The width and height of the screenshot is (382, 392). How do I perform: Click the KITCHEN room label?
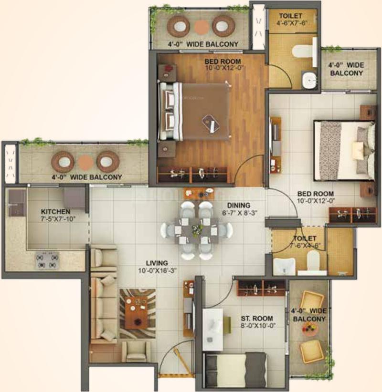[55, 212]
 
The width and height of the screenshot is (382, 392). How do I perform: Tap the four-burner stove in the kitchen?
[47, 260]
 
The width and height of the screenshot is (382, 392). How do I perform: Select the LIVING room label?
[157, 263]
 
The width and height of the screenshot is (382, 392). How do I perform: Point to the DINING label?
[239, 205]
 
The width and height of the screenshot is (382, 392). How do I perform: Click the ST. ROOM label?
[257, 319]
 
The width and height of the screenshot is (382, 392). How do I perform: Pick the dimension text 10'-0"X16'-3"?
[157, 271]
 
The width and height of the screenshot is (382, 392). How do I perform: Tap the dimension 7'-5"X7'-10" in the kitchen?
[58, 219]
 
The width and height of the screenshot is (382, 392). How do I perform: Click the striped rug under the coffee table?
[138, 314]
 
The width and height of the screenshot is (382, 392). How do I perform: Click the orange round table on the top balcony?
[201, 26]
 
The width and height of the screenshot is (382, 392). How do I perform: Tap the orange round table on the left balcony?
[85, 162]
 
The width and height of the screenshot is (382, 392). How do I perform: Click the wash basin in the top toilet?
[309, 80]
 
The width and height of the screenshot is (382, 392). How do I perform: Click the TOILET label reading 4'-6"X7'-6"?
[291, 20]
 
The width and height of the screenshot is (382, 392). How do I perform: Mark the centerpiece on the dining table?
[198, 229]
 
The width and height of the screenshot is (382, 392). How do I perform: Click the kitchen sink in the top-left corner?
[17, 203]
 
